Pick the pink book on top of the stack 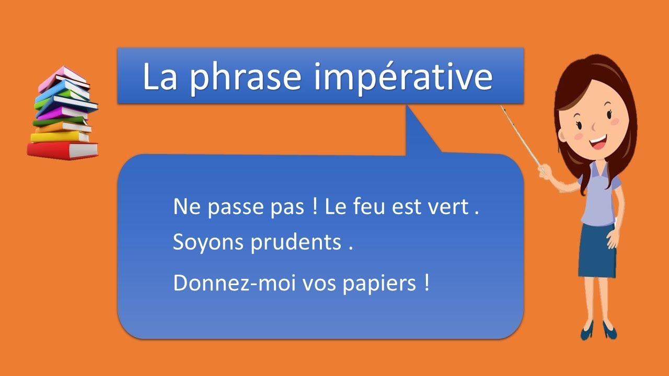(x=63, y=78)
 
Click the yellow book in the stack (x=59, y=137)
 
